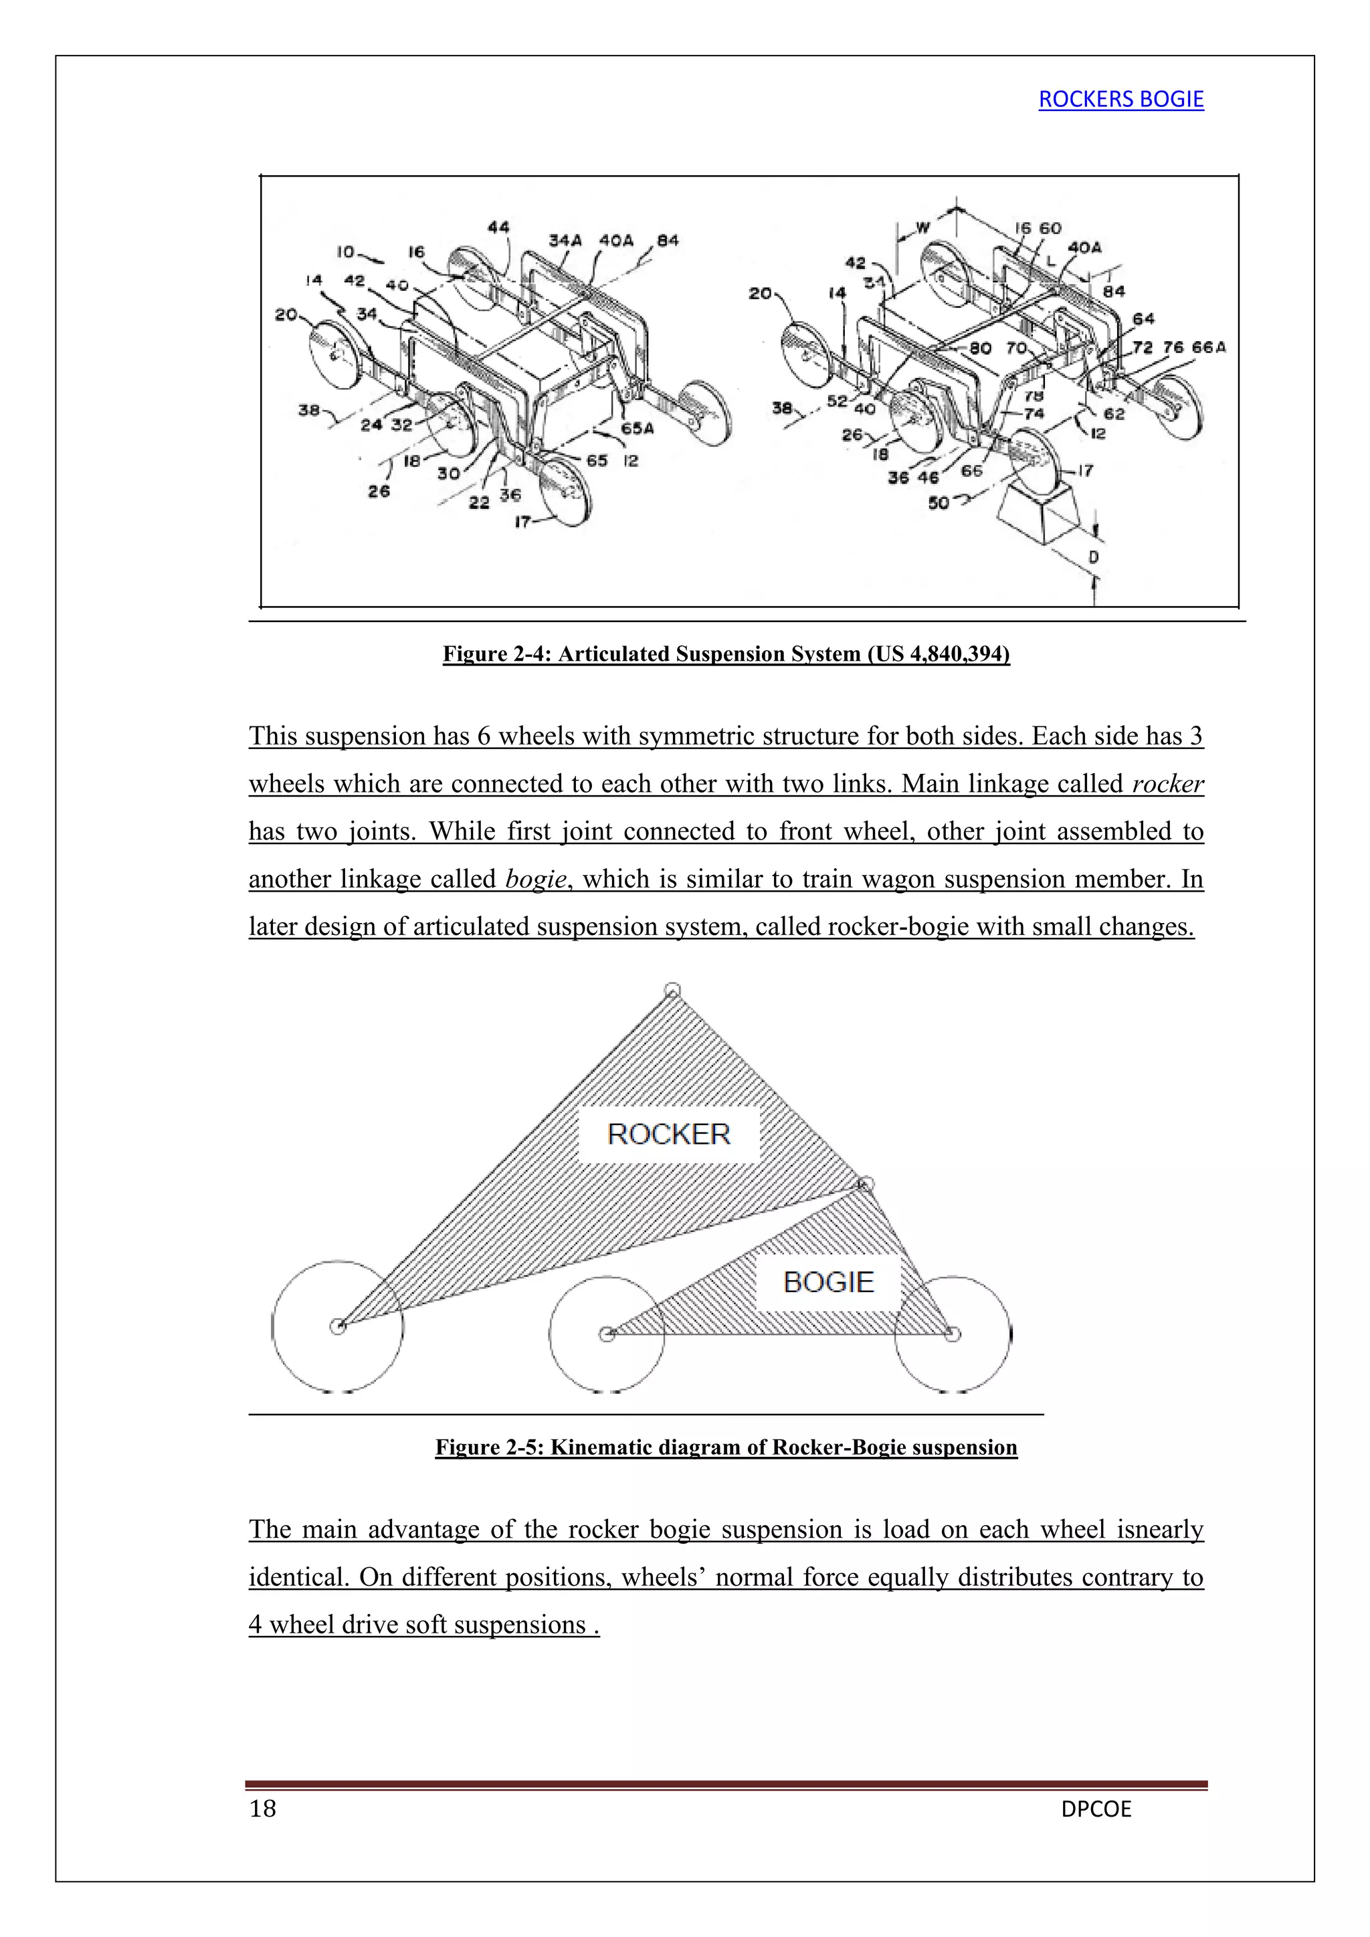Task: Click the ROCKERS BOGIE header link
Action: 1120,100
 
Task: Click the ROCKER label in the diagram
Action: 668,1134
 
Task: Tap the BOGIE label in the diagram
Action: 827,1282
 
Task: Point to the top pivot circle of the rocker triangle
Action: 672,991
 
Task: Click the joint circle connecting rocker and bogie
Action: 864,1185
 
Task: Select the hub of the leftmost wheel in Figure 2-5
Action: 337,1326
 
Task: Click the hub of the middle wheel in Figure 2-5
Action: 607,1334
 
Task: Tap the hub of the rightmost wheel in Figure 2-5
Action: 953,1334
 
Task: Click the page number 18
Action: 262,1808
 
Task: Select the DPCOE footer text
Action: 1096,1809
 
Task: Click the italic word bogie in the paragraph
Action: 536,879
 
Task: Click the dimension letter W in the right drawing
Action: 923,227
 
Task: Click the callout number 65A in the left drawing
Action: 637,429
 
